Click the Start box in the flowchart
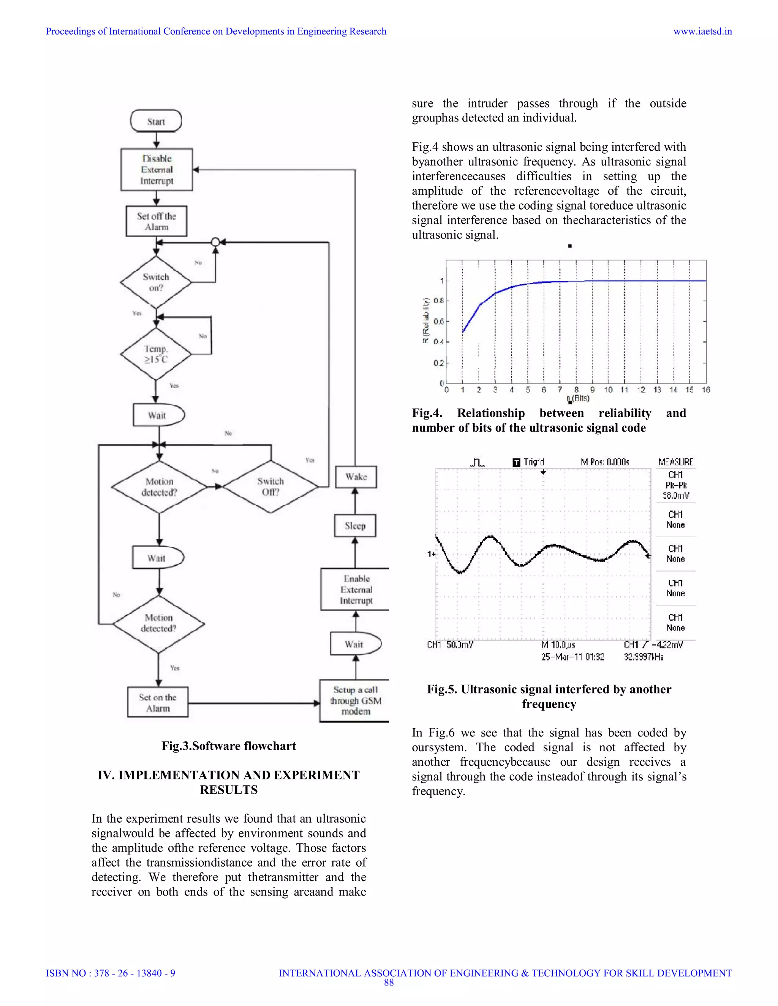point(156,121)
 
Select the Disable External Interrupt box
point(157,170)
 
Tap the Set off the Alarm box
point(157,222)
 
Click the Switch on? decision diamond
point(156,282)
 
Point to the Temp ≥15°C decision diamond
point(156,354)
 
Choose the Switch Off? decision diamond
point(270,486)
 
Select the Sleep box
point(355,525)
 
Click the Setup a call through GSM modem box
point(355,701)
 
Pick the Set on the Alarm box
point(158,702)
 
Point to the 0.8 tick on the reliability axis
point(439,301)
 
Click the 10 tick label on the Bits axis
point(609,390)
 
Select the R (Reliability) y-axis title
point(426,321)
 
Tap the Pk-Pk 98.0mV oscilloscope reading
point(676,490)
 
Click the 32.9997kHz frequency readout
point(644,657)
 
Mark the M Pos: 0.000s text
point(605,462)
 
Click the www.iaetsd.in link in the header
point(702,32)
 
